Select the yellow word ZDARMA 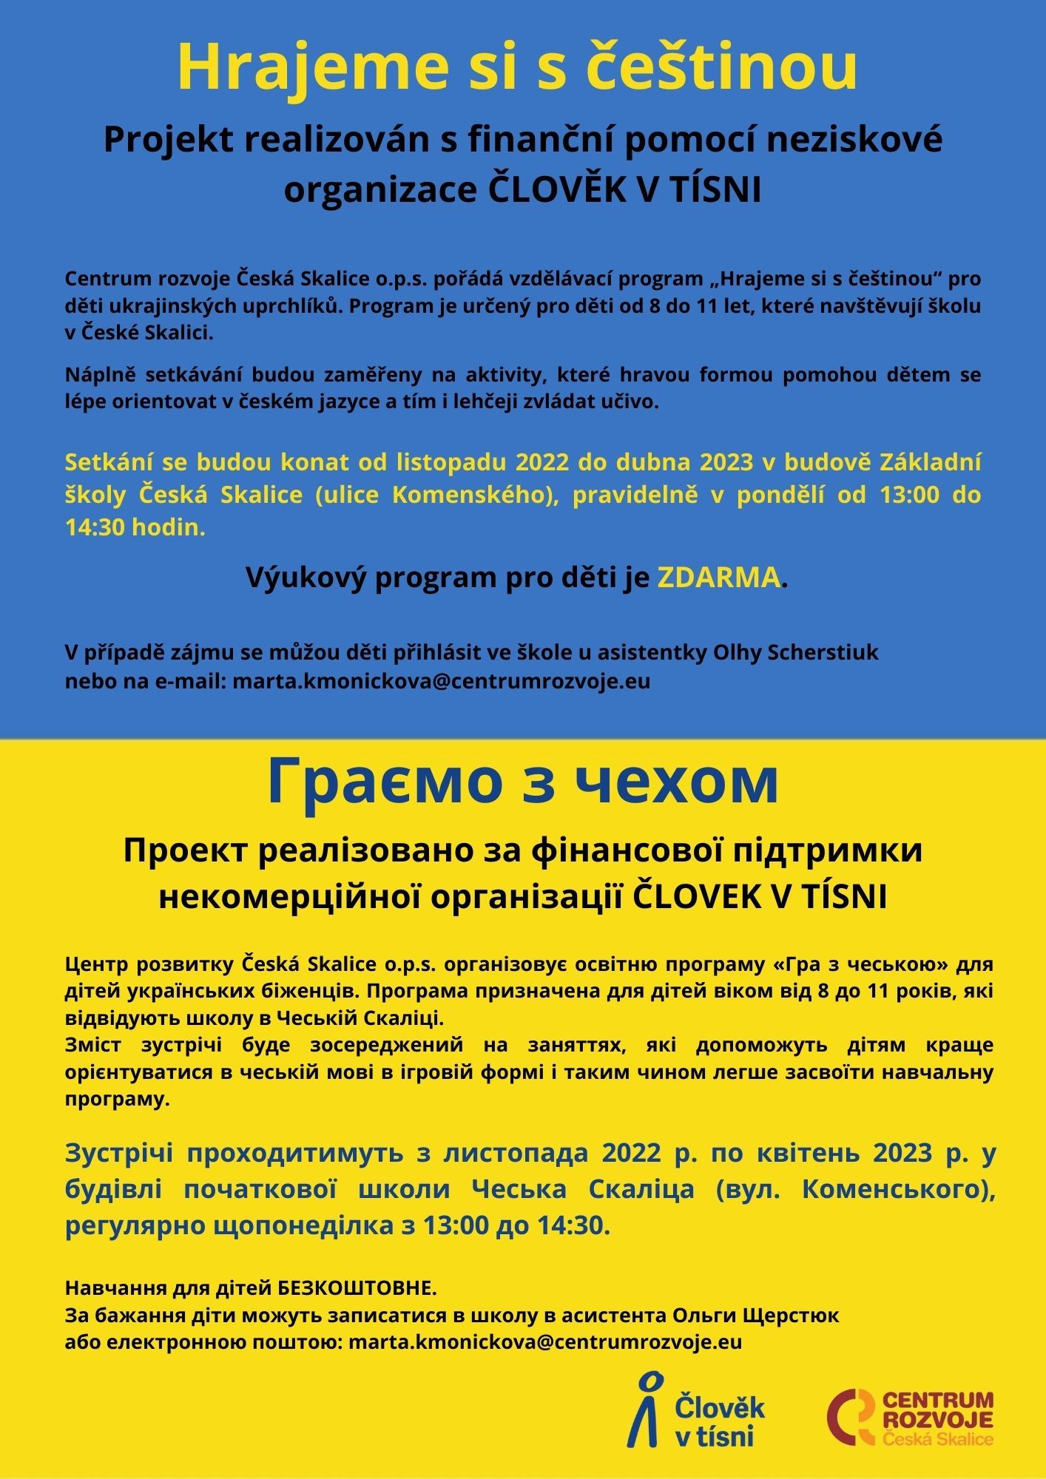[x=718, y=578]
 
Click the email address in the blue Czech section [x=441, y=680]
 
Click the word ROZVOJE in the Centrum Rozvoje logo [x=938, y=1419]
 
